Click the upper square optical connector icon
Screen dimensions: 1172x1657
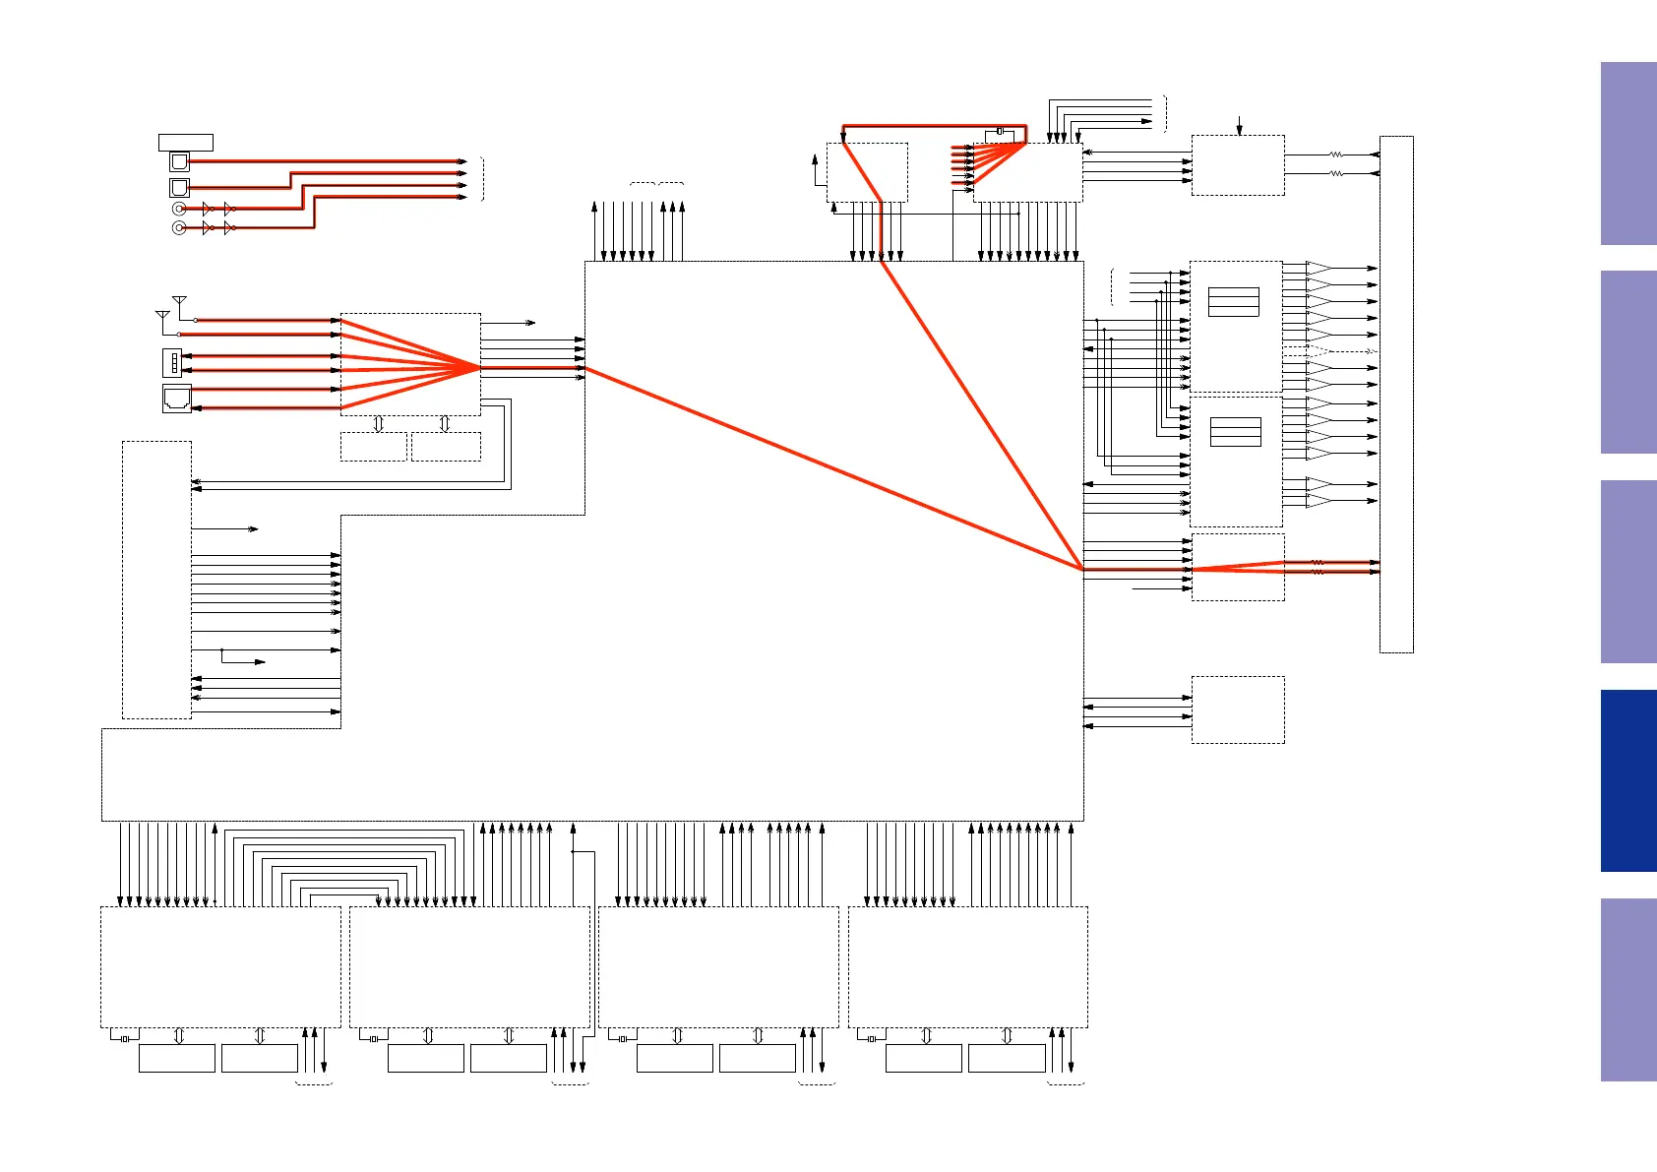click(179, 161)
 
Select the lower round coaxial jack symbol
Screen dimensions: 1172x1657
click(179, 228)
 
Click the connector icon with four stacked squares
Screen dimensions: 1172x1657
click(172, 363)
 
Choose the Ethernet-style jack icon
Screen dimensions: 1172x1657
click(176, 399)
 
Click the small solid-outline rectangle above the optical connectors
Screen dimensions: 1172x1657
click(186, 143)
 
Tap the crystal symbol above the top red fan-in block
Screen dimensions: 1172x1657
click(1000, 131)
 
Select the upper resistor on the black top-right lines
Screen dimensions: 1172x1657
click(1336, 154)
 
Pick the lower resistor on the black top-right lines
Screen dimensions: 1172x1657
click(1336, 173)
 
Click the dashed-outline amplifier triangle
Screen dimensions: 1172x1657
click(1319, 350)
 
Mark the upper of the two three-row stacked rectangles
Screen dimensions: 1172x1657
click(1234, 302)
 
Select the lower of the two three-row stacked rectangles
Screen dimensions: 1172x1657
click(1236, 432)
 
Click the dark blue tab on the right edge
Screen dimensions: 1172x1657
click(1628, 780)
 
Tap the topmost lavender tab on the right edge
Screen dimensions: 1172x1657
click(1628, 154)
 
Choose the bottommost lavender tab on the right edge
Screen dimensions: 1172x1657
click(1628, 990)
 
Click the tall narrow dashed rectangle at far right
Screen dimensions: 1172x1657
click(1396, 394)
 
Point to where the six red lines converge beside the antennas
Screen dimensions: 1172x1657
click(480, 367)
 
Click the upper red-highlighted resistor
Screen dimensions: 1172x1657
click(1318, 563)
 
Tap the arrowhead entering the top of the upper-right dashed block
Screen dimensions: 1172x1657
click(1239, 131)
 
